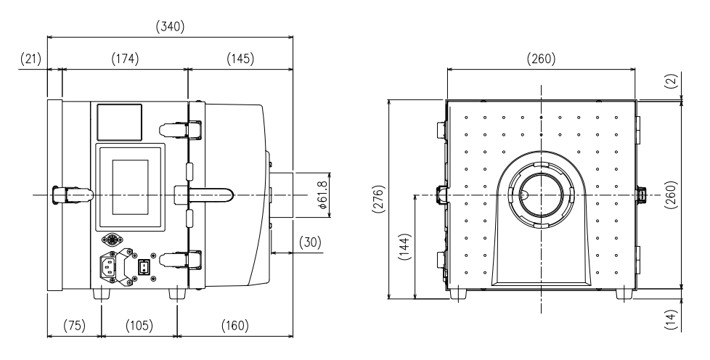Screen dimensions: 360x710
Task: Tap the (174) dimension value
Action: click(x=124, y=59)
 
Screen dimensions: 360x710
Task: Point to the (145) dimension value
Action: click(x=240, y=59)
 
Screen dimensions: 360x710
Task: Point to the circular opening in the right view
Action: click(x=541, y=195)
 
